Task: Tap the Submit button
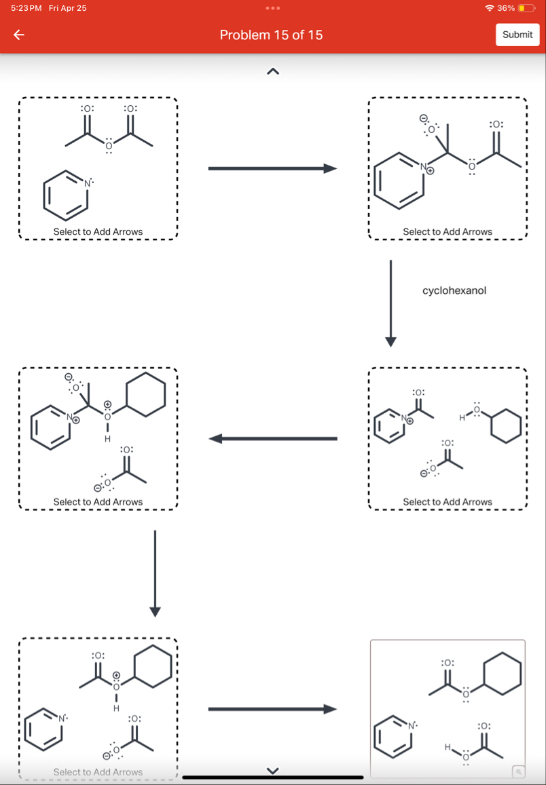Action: pyautogui.click(x=517, y=35)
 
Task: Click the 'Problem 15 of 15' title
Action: pyautogui.click(x=271, y=35)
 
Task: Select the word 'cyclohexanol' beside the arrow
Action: pyautogui.click(x=454, y=290)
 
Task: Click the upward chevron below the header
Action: pyautogui.click(x=271, y=71)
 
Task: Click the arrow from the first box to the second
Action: pyautogui.click(x=272, y=168)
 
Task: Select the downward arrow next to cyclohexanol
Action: pyautogui.click(x=390, y=302)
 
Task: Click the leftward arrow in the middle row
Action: pyautogui.click(x=272, y=439)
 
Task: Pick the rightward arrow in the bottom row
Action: pyautogui.click(x=272, y=709)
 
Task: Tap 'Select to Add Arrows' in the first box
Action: pyautogui.click(x=98, y=232)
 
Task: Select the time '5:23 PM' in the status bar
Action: pyautogui.click(x=26, y=8)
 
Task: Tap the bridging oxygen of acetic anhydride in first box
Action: pyautogui.click(x=109, y=145)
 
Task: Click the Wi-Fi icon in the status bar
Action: pyautogui.click(x=489, y=8)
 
